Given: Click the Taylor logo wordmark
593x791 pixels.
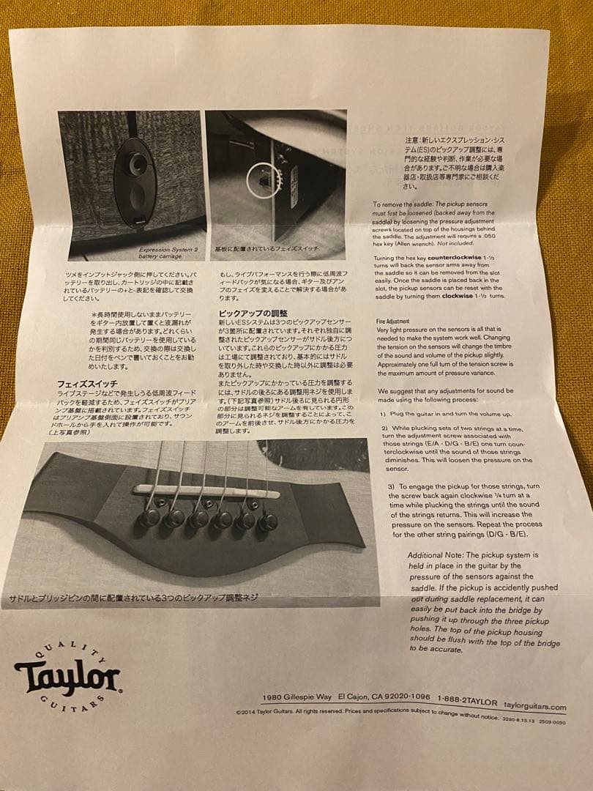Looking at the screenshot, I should click(x=67, y=678).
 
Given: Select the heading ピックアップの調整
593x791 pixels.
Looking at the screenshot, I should click(x=249, y=313).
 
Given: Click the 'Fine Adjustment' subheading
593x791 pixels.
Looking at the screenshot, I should click(x=392, y=321).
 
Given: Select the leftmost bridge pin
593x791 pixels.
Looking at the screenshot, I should click(x=151, y=517).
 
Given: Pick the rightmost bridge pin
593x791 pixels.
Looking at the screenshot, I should click(x=267, y=521).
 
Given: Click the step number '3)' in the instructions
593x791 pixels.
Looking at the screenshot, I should click(x=392, y=486).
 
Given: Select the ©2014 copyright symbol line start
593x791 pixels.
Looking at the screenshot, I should click(x=240, y=710).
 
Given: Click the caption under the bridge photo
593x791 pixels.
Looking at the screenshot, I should click(x=133, y=598).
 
